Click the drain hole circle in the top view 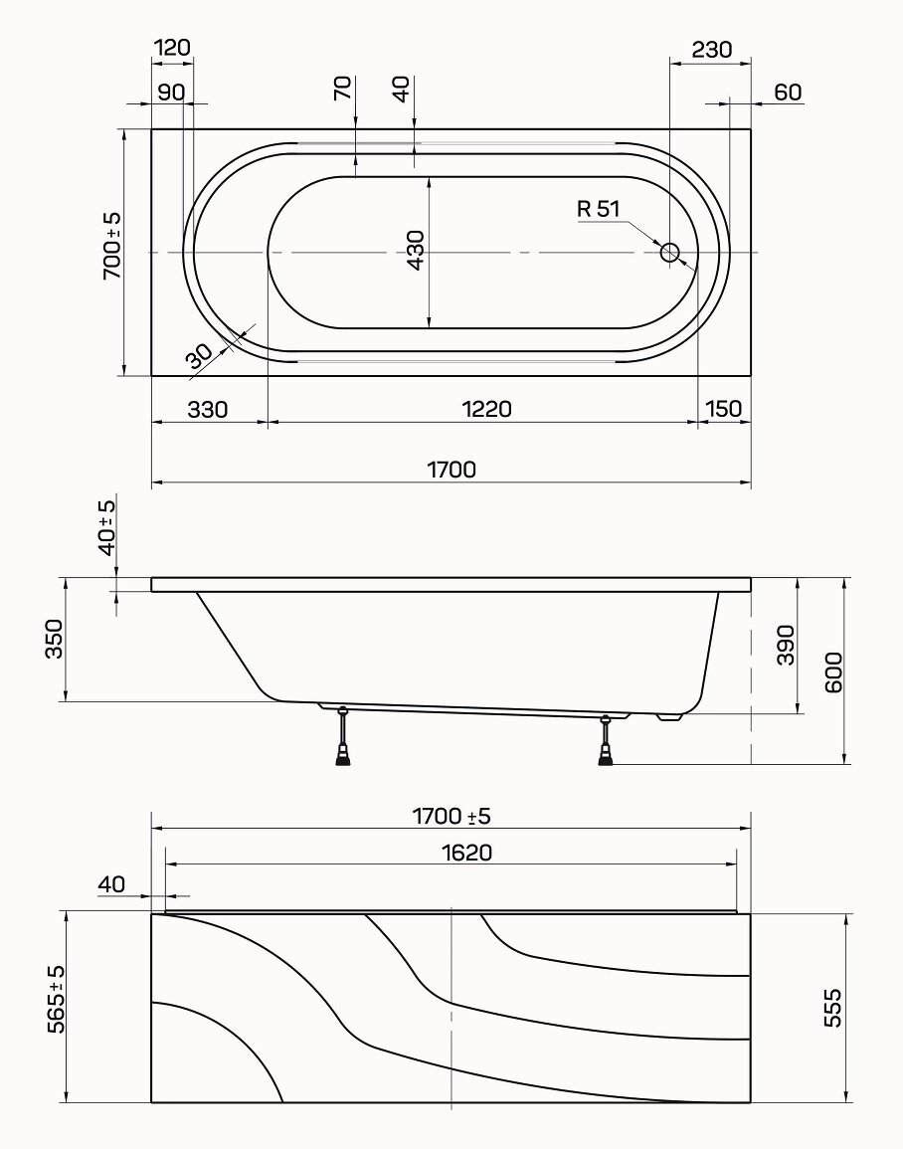(x=669, y=253)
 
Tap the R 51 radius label (x=599, y=209)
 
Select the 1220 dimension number (x=487, y=409)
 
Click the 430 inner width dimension (x=416, y=251)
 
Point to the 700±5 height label (x=112, y=246)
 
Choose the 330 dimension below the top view (x=208, y=409)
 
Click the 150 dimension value (x=724, y=408)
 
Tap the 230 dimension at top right (x=712, y=50)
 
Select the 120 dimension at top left (x=173, y=48)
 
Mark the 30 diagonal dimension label (x=199, y=356)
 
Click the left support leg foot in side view (x=342, y=756)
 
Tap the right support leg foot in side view (x=605, y=756)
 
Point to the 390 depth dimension (x=785, y=645)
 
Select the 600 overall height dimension (x=833, y=671)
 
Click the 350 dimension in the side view (x=54, y=639)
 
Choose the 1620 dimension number (x=466, y=853)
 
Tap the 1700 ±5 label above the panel (x=451, y=816)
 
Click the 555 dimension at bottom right (x=832, y=1008)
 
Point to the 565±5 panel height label (x=57, y=998)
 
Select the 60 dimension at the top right (x=788, y=93)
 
